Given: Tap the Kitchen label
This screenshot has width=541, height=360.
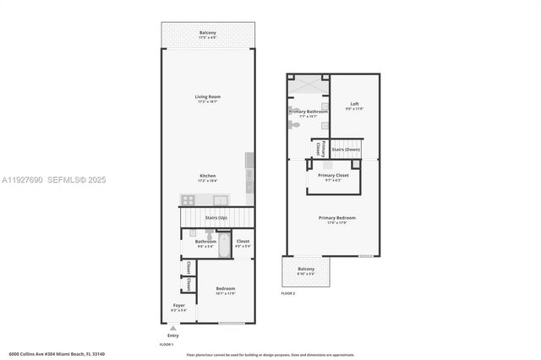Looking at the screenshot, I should coord(207,178).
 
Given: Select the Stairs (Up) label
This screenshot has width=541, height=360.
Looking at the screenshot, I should coord(216,218).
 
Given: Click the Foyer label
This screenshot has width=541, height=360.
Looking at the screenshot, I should coord(178,307).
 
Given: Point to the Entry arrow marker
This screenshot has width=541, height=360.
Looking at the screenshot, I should coord(172,328).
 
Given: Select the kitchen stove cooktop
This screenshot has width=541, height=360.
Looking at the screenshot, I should coord(188,200).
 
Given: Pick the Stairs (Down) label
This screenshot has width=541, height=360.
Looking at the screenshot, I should coord(346,149).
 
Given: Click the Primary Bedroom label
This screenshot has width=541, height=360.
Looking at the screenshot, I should coord(336,219).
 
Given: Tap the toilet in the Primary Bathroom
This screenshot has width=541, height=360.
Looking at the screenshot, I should coord(293,124).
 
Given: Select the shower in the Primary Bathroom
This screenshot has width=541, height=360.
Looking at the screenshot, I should coord(307,85).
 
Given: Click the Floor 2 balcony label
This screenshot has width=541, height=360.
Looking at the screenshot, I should coord(305,270).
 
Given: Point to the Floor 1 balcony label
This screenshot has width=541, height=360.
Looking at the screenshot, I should coord(207,35).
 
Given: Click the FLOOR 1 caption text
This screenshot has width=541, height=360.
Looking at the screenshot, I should coord(167,345).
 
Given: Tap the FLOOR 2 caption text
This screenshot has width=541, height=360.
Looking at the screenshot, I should coord(289,293).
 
